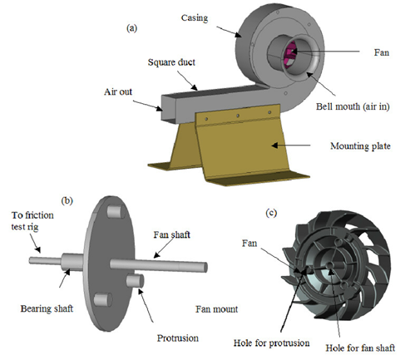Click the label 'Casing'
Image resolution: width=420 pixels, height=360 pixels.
[x=195, y=18]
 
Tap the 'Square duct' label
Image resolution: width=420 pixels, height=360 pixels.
[x=171, y=62]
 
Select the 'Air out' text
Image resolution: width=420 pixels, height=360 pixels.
[x=118, y=92]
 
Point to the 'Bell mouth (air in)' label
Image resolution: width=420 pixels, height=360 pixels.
[x=353, y=106]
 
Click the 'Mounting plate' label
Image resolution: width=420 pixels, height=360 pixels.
[x=360, y=146]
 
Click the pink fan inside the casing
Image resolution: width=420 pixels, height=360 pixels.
[x=289, y=54]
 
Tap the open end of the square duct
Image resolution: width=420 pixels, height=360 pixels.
[x=168, y=108]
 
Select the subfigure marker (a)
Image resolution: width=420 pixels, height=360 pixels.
[x=131, y=28]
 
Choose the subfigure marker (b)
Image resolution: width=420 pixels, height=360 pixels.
[x=67, y=200]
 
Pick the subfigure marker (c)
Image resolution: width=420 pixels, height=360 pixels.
[x=271, y=213]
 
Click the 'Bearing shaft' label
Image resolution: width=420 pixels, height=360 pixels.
[x=47, y=308]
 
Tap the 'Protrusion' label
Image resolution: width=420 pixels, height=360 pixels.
[x=178, y=338]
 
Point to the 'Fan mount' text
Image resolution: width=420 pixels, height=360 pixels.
[x=216, y=309]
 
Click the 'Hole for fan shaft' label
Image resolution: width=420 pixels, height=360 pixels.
[x=360, y=348]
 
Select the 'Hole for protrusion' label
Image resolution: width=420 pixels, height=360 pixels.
[x=271, y=343]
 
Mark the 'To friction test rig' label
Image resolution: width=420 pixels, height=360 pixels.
[x=32, y=221]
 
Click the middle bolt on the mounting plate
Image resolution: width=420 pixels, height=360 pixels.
[x=238, y=116]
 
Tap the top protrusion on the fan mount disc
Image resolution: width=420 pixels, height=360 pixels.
[x=116, y=212]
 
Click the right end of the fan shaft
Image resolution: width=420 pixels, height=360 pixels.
[x=205, y=267]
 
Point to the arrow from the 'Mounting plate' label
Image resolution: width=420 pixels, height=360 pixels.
[x=291, y=145]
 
